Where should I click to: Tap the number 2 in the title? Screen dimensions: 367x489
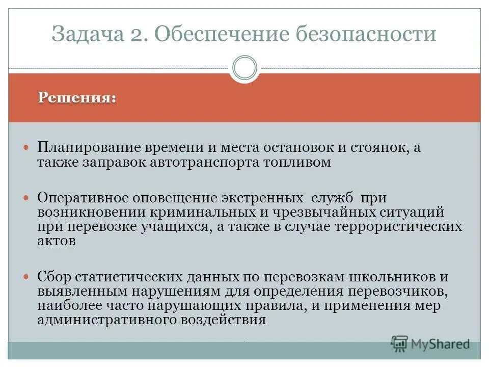(x=143, y=35)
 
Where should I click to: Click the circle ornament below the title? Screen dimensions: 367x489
(x=244, y=68)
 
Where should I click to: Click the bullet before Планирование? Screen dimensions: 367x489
(x=28, y=147)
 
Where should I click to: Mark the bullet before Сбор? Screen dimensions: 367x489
(x=28, y=276)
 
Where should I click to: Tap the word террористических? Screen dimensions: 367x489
(x=398, y=226)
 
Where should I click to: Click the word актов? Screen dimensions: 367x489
(x=56, y=241)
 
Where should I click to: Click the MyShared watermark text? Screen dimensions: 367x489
(x=441, y=344)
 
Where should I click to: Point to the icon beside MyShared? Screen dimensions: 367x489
(x=399, y=344)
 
